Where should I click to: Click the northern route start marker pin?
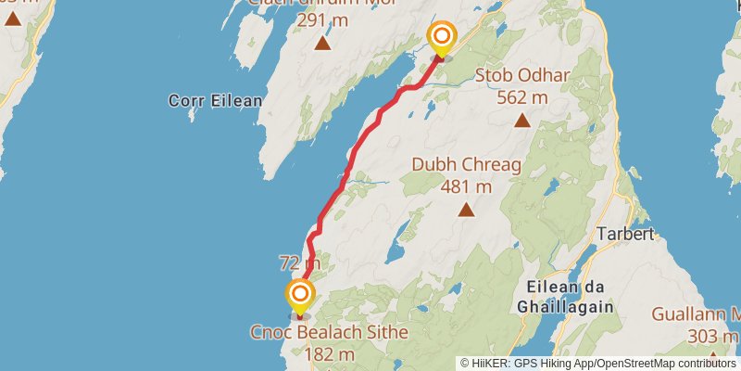443,38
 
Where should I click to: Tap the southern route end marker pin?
300,297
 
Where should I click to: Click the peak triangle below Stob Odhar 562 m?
522,120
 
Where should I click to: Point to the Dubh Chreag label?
467,166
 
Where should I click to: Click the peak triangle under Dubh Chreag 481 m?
466,210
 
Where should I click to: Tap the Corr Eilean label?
206,100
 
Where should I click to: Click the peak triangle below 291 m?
322,43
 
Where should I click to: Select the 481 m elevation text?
466,187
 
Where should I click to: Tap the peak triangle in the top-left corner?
12,17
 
